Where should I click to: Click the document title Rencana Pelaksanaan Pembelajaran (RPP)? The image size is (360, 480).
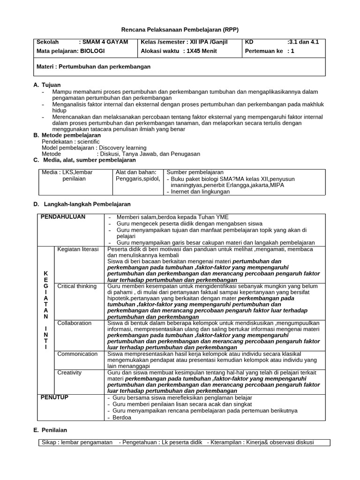(x=180, y=30)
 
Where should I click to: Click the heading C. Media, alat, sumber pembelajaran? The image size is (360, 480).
(x=84, y=160)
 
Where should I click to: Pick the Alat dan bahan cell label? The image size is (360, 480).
(x=133, y=172)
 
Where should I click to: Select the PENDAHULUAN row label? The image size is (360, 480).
(x=63, y=217)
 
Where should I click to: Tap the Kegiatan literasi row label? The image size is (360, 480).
(x=78, y=249)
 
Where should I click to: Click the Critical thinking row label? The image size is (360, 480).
(x=77, y=286)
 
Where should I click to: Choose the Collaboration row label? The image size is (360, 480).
(x=75, y=323)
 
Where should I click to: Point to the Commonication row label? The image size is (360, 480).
(x=77, y=354)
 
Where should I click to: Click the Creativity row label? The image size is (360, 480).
(x=69, y=373)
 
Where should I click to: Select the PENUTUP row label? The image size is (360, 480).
(x=54, y=397)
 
